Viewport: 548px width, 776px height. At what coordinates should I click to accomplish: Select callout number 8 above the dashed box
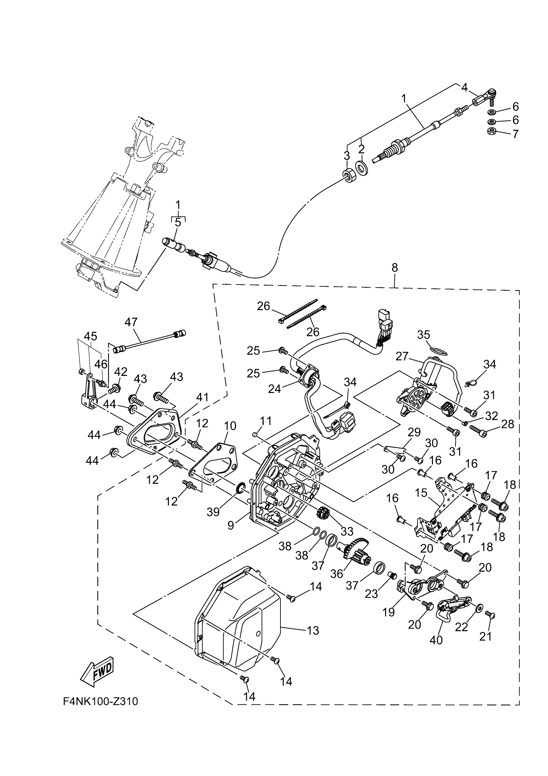click(395, 268)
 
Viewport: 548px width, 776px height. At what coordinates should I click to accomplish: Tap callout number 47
click(131, 322)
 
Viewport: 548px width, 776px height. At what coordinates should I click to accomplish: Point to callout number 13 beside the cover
click(313, 630)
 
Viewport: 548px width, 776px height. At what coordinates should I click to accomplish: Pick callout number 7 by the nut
click(515, 134)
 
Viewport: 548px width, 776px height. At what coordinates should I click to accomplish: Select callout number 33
click(347, 531)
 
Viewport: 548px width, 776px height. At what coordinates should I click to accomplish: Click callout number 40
click(436, 640)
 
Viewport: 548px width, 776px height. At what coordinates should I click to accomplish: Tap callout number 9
click(230, 525)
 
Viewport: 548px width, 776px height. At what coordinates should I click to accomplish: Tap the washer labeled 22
click(478, 608)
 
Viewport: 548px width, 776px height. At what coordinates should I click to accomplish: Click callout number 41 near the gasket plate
click(202, 398)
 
